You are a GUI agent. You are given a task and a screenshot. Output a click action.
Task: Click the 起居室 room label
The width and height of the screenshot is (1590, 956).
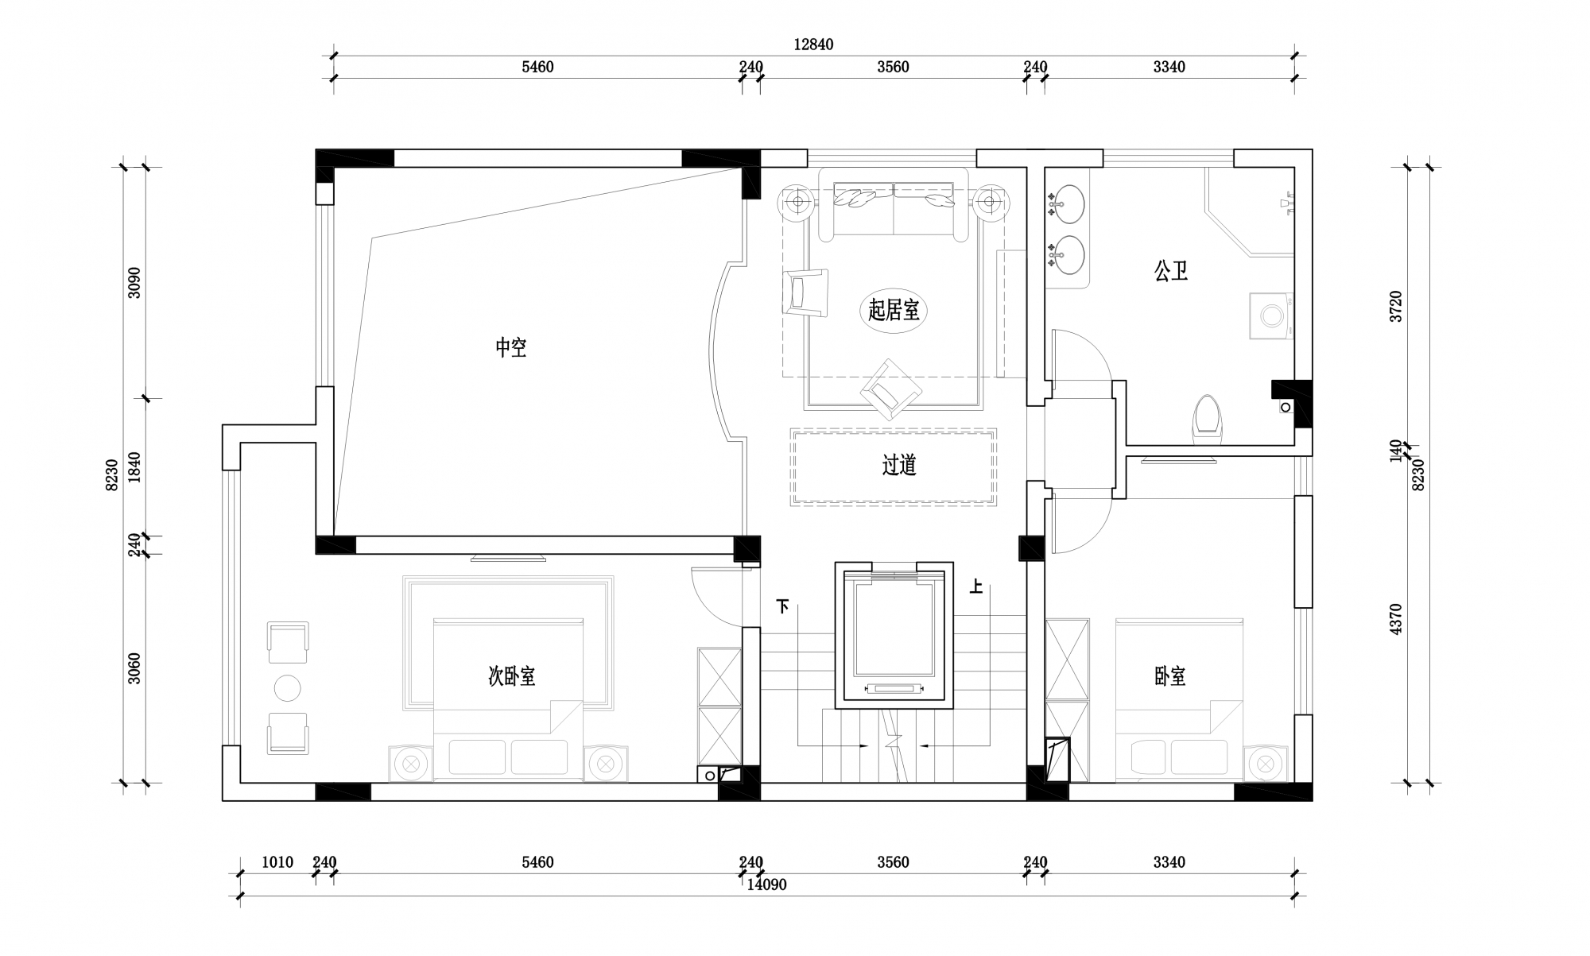tap(894, 310)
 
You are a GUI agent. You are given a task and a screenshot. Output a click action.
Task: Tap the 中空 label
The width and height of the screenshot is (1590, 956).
tap(511, 347)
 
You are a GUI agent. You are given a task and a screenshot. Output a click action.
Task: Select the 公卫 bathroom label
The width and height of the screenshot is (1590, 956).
tap(1171, 271)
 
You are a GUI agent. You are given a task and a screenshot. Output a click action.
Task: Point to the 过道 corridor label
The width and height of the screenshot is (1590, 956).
tap(899, 465)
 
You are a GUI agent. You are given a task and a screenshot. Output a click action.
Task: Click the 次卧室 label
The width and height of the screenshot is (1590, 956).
tap(511, 676)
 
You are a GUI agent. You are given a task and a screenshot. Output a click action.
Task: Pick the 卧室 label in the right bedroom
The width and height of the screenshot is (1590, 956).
tap(1170, 676)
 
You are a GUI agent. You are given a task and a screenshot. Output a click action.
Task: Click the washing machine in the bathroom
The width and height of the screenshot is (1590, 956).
tap(1270, 315)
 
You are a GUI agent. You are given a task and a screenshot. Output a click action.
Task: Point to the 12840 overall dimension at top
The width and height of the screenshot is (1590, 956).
tap(813, 45)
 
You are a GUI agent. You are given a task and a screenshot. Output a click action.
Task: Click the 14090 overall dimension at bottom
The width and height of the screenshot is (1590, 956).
tap(766, 884)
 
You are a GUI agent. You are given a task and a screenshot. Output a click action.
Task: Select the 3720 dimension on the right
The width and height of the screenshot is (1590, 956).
tap(1396, 306)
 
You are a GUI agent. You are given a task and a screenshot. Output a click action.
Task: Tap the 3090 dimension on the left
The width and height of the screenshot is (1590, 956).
tap(134, 283)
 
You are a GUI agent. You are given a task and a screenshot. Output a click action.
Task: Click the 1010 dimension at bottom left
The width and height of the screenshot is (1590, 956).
tap(277, 862)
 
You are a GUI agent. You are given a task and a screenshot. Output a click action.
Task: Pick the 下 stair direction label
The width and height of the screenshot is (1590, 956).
tap(783, 607)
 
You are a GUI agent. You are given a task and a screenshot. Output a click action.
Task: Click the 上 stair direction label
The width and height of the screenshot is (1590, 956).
tap(975, 587)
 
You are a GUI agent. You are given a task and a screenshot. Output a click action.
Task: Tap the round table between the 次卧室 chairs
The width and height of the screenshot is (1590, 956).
tap(287, 688)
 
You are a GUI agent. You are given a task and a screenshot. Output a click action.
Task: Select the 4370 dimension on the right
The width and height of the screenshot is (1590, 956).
tap(1396, 619)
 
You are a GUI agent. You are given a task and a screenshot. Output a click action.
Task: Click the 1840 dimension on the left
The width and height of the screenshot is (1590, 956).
tap(134, 467)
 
